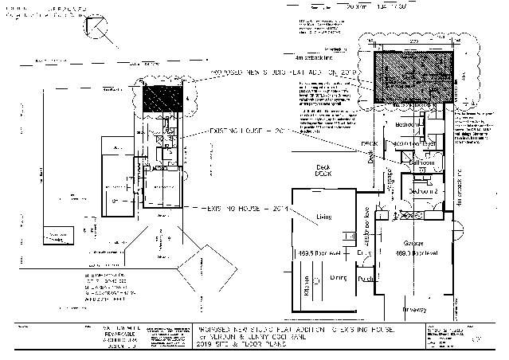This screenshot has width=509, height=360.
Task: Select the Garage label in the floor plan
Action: point(413,243)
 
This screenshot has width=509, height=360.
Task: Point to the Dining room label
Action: point(337,277)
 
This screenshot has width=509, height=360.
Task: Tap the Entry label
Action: point(363,252)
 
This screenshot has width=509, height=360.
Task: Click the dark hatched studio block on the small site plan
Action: point(163,100)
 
